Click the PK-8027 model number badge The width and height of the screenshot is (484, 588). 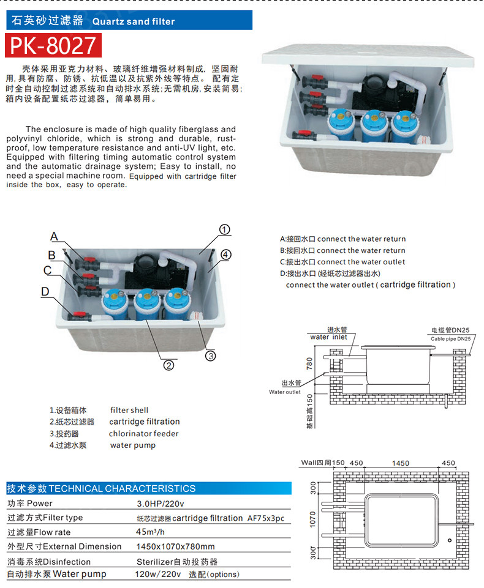[53, 45]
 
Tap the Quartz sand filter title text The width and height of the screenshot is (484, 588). [133, 21]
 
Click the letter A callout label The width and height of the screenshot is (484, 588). [54, 237]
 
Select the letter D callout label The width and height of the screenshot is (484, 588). [45, 292]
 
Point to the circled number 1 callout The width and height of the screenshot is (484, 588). [224, 230]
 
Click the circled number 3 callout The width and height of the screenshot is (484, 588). [210, 355]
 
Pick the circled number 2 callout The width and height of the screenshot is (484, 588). [169, 365]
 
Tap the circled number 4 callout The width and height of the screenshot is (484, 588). [225, 254]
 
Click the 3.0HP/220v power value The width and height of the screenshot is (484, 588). [160, 504]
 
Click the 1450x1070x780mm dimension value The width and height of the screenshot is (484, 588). [175, 546]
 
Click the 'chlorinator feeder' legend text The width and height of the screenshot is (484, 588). [144, 434]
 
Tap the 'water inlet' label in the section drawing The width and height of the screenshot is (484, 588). [328, 337]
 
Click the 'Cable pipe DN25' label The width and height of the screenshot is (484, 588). [450, 338]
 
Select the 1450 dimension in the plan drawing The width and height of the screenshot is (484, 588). [401, 463]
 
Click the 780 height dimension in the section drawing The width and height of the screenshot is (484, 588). [309, 364]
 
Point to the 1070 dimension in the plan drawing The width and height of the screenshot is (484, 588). [312, 519]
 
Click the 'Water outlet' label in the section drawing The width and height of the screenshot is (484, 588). [285, 392]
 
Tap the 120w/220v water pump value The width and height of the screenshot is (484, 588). [158, 575]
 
